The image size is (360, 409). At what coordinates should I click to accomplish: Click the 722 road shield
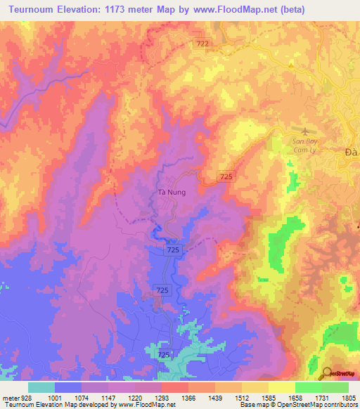(x=203, y=44)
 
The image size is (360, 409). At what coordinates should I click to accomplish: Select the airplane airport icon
(x=304, y=131)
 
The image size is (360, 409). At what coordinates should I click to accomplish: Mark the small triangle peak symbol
(x=291, y=64)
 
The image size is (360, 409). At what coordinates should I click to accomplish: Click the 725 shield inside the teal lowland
(x=164, y=356)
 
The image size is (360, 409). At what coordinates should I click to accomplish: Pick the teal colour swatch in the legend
(x=41, y=387)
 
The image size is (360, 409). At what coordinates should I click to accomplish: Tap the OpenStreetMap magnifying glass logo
(x=326, y=374)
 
